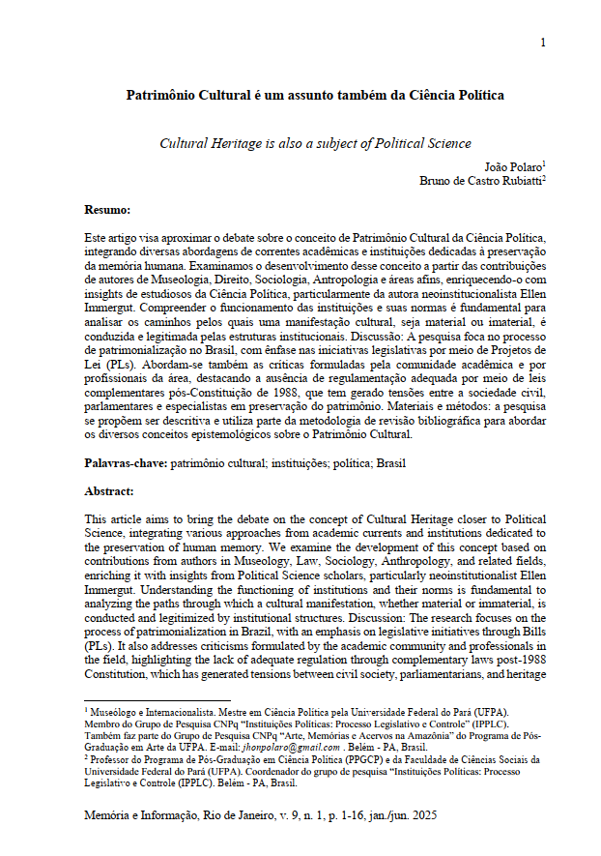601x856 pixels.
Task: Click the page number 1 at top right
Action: click(x=543, y=42)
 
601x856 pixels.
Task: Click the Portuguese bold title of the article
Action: click(x=315, y=96)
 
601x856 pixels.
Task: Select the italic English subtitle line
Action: click(x=315, y=143)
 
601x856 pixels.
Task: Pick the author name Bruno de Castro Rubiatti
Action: click(x=482, y=181)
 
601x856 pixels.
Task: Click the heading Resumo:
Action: click(x=107, y=209)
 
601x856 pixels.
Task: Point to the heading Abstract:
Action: click(x=109, y=491)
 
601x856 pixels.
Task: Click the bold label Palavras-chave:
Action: click(x=127, y=463)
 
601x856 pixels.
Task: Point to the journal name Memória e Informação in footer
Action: click(x=145, y=817)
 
